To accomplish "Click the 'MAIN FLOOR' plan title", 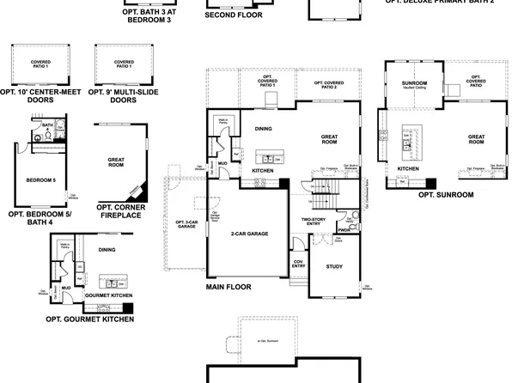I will click(229, 287).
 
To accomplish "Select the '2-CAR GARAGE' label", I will click(247, 233).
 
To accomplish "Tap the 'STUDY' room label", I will click(334, 266).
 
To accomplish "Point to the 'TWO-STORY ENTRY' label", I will click(312, 223).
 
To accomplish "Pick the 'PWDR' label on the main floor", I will click(343, 230).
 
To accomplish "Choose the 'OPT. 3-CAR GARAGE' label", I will click(186, 223).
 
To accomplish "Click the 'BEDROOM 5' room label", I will click(40, 180).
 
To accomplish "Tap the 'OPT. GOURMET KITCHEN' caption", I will click(92, 319).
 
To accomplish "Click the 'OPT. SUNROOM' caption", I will click(446, 195).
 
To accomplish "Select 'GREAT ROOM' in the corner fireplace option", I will click(117, 162).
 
